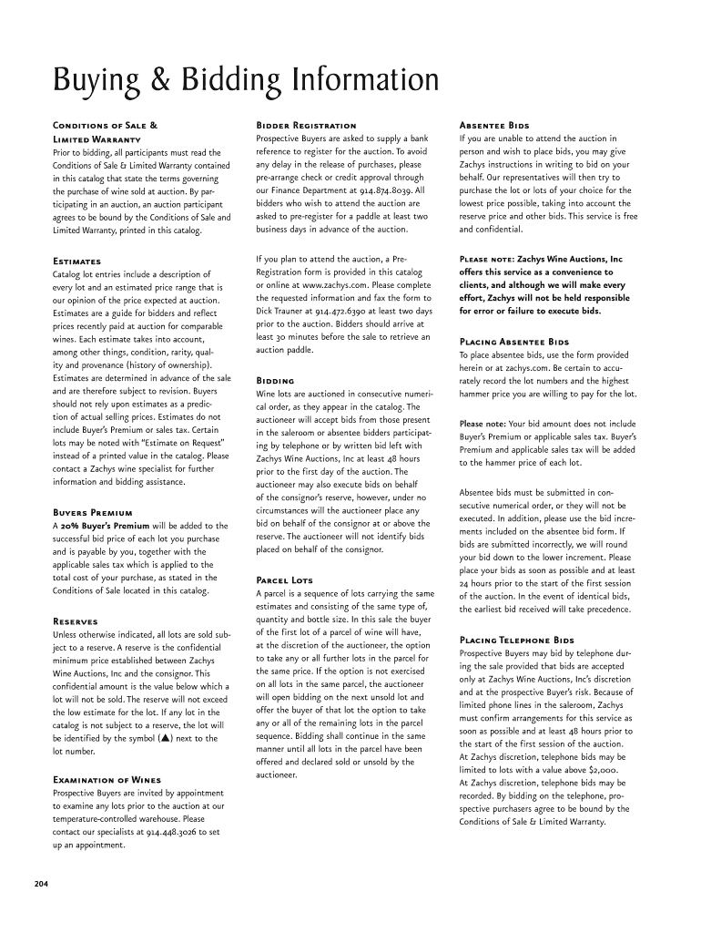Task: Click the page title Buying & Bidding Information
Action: (246, 82)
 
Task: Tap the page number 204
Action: (43, 883)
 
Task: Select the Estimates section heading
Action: (77, 261)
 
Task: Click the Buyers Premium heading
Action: (93, 513)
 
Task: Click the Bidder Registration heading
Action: (306, 125)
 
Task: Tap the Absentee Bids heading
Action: (494, 125)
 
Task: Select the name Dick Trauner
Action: (285, 311)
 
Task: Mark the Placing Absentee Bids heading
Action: (514, 342)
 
